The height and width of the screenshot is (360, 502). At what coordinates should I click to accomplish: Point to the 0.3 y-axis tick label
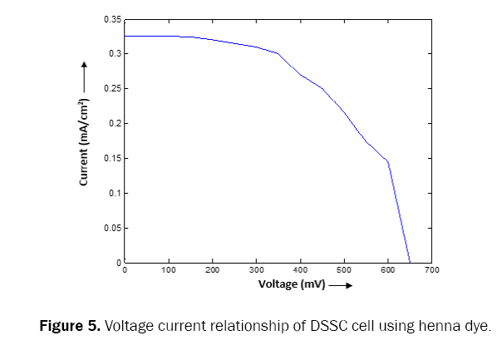[x=114, y=54]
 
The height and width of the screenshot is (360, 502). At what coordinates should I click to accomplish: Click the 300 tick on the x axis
[x=256, y=270]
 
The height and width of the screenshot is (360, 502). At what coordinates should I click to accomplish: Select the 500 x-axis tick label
[x=344, y=270]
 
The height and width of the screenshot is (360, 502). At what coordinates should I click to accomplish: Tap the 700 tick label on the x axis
[x=431, y=270]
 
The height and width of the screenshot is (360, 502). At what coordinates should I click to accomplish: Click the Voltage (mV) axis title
[x=290, y=284]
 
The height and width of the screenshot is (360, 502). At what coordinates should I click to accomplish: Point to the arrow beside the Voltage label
[x=340, y=285]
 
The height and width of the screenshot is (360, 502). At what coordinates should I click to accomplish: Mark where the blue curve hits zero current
[x=410, y=263]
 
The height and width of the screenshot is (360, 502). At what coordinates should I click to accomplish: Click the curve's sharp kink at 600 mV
[x=388, y=161]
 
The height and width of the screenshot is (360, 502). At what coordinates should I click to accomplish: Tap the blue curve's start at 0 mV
[x=125, y=36]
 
